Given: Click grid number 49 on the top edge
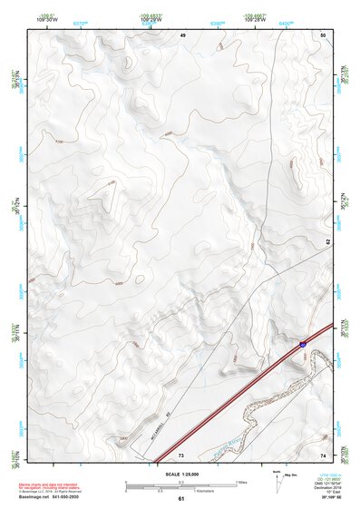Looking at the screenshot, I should [x=181, y=34].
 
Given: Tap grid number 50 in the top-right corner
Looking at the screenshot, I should [x=322, y=34].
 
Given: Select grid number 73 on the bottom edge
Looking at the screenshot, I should [x=181, y=453].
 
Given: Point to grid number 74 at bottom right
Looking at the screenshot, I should [x=322, y=453].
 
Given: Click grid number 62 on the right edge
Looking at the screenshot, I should [x=327, y=242].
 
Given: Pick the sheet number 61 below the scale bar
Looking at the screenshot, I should [x=181, y=499].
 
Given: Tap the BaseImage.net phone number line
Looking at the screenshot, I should [x=47, y=497].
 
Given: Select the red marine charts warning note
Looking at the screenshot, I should [x=45, y=487].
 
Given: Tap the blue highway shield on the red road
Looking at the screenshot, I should [x=301, y=345].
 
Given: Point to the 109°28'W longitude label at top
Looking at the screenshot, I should [x=151, y=17].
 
